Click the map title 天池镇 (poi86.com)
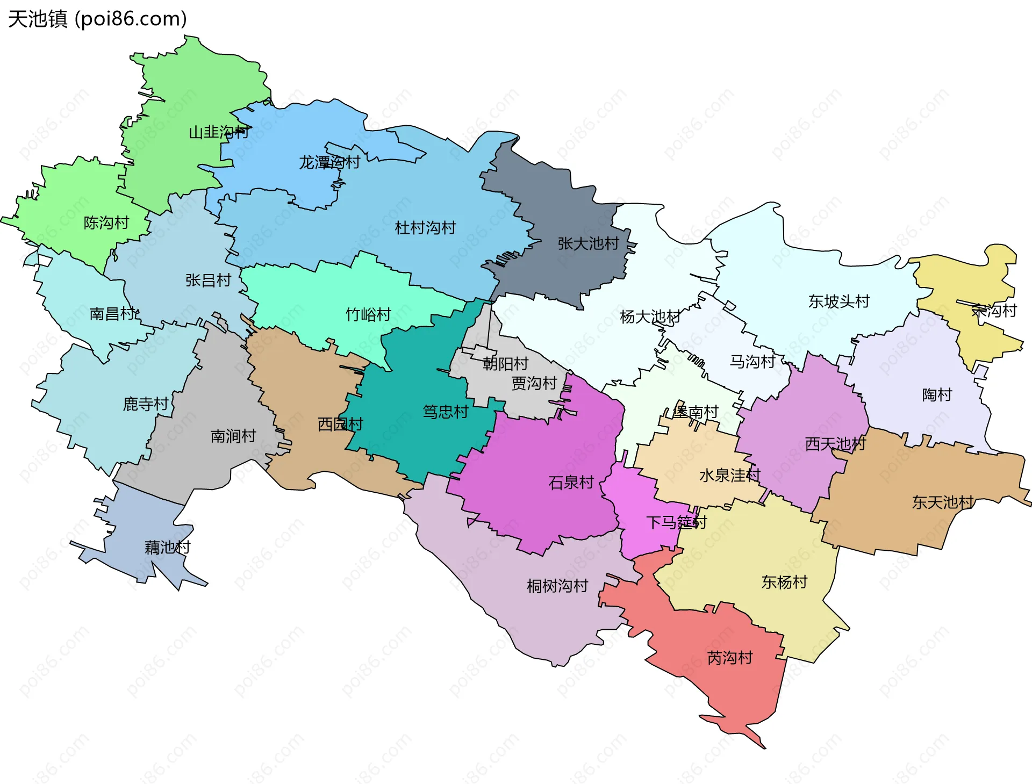(97, 19)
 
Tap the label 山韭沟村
(219, 132)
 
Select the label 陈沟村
(106, 222)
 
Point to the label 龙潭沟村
(329, 162)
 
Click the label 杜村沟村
(425, 228)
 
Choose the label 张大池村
(588, 243)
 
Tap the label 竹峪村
(368, 314)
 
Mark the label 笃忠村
(445, 412)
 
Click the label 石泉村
(571, 483)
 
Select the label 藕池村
(167, 548)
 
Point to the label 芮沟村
(729, 658)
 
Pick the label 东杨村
(784, 582)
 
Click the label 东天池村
(943, 502)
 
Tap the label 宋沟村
(994, 311)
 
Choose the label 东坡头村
(838, 301)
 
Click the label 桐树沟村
(557, 586)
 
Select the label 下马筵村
(676, 522)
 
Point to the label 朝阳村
(505, 364)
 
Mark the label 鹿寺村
(146, 404)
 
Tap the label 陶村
(937, 395)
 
